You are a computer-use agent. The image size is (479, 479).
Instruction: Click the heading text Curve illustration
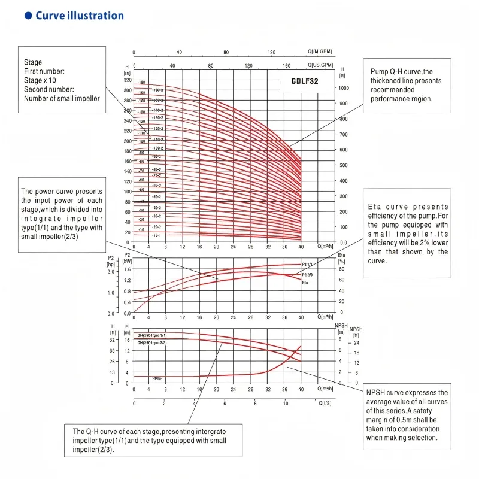(80, 16)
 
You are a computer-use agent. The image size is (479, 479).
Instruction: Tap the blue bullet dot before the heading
(28, 16)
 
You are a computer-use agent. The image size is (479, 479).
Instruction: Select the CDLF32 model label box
(305, 81)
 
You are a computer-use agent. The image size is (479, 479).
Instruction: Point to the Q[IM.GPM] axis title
(320, 52)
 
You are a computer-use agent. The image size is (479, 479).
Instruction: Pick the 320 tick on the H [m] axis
(127, 80)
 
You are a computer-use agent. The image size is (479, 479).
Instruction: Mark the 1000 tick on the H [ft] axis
(344, 87)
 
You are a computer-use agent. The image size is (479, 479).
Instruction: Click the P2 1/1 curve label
(308, 264)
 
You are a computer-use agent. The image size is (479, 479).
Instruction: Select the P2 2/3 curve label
(308, 274)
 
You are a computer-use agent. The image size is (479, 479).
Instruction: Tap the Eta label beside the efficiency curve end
(305, 283)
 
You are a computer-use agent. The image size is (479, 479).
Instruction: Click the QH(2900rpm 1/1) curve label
(152, 335)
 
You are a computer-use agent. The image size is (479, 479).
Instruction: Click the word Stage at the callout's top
(33, 62)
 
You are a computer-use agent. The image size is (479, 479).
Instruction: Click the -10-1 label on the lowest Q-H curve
(157, 235)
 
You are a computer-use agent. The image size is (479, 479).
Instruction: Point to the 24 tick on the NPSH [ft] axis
(357, 342)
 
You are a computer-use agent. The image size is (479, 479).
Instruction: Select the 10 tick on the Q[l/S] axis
(286, 404)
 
